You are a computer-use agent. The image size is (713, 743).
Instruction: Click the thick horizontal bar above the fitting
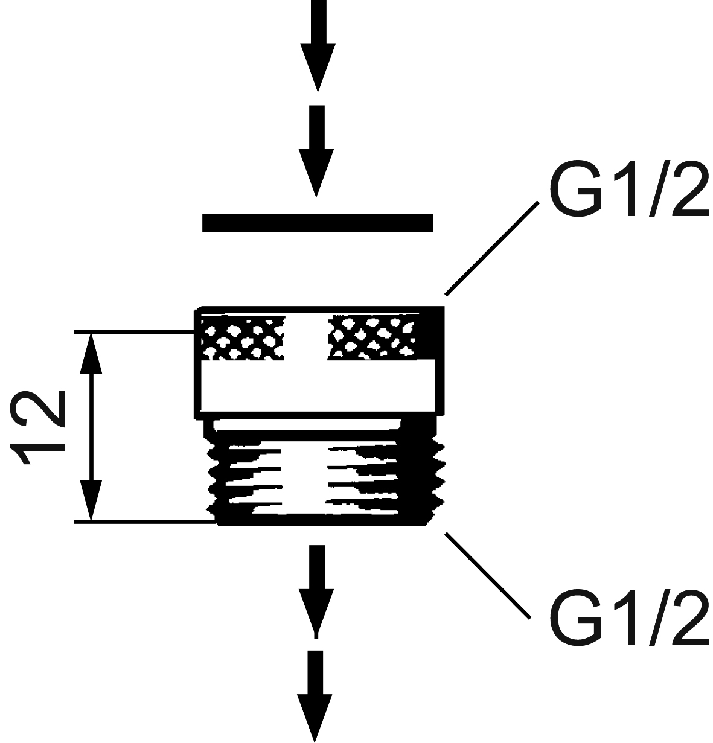[x=318, y=223]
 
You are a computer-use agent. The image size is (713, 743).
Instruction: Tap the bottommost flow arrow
[x=315, y=694]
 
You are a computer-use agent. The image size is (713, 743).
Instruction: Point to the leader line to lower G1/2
[x=488, y=575]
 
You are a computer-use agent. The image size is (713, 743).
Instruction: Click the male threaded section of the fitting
[x=326, y=477]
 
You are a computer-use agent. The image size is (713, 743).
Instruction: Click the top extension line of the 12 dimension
[x=133, y=331]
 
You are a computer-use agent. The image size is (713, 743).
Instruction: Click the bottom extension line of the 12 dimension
[x=145, y=520]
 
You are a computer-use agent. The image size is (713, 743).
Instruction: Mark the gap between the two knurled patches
[x=306, y=338]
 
